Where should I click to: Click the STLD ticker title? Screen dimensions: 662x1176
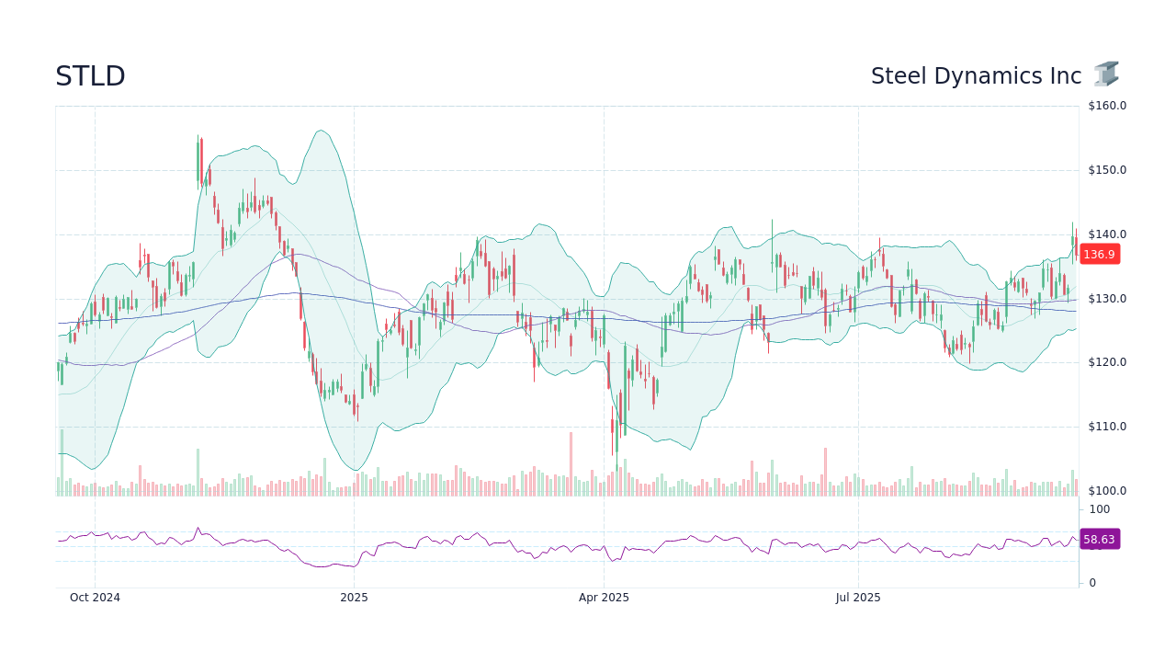90,76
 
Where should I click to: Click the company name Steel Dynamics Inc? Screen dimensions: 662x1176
976,76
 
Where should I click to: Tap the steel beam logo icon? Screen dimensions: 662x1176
1106,74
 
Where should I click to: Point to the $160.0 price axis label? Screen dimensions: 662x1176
1107,106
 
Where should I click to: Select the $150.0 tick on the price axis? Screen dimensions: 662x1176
1107,170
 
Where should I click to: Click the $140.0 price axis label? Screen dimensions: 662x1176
1107,234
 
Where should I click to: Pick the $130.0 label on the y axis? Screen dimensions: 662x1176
1107,299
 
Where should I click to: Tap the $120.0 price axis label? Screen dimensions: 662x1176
1107,362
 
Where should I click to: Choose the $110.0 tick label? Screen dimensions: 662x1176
1107,427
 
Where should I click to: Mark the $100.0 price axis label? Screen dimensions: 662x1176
1107,491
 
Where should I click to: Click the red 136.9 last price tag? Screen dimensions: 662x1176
1099,255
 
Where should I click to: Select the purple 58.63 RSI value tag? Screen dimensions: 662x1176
1099,540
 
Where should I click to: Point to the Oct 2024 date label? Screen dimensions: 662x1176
95,598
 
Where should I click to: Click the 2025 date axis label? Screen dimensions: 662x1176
354,598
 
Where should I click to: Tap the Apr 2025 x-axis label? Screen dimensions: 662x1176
604,598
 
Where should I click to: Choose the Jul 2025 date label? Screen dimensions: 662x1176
858,598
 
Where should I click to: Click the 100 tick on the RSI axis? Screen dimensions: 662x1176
1100,509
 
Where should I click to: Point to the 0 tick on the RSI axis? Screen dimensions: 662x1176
1092,583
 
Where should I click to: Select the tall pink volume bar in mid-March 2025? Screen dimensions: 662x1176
571,464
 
